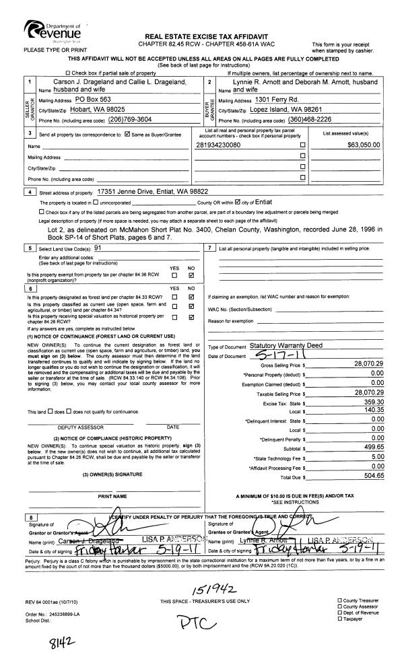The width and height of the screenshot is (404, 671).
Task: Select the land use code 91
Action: click(98, 248)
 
